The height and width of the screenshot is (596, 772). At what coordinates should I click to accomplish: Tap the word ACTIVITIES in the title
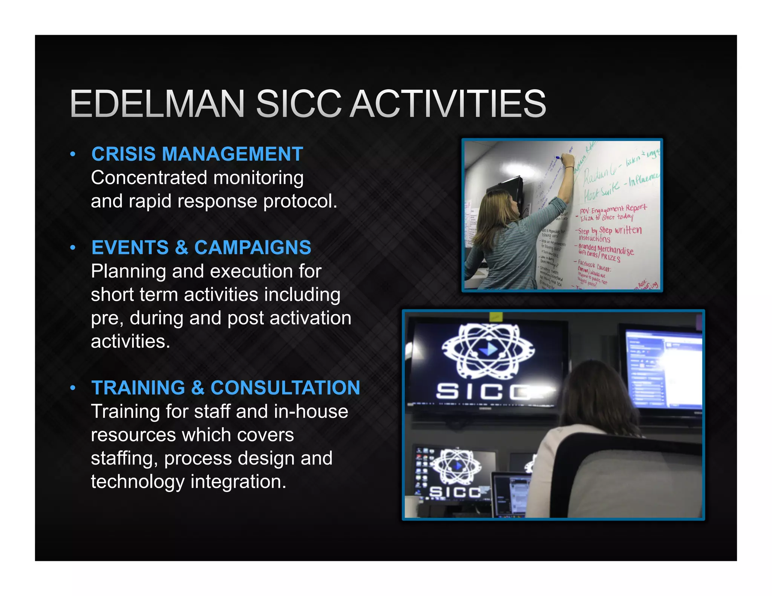tap(449, 104)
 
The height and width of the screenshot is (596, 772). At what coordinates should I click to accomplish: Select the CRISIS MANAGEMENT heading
tap(197, 154)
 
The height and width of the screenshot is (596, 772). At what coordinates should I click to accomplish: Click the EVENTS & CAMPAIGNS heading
tap(201, 248)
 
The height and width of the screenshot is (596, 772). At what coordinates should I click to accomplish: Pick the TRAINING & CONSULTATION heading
tap(225, 388)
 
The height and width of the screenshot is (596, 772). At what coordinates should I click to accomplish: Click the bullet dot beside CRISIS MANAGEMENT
tap(73, 154)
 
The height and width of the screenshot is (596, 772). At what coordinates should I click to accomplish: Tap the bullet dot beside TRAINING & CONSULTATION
tap(73, 388)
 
